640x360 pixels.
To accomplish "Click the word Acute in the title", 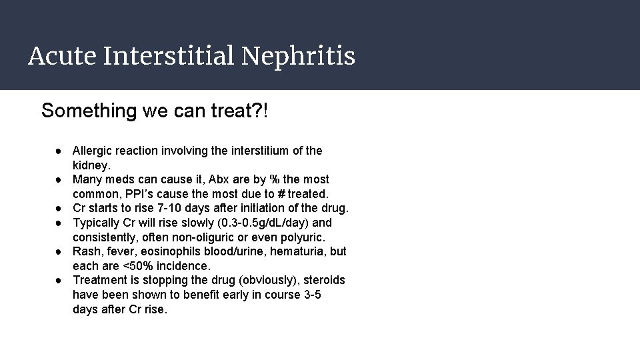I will pos(61,56).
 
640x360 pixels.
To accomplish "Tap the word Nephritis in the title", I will pos(298,56).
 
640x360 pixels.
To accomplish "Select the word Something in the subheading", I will pos(89,111).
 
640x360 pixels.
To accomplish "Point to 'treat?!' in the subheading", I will pos(245,111).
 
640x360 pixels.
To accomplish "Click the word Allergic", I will pos(92,151).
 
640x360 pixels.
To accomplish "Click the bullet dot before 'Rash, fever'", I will pos(60,251).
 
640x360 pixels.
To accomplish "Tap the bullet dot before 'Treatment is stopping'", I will pos(60,280).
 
